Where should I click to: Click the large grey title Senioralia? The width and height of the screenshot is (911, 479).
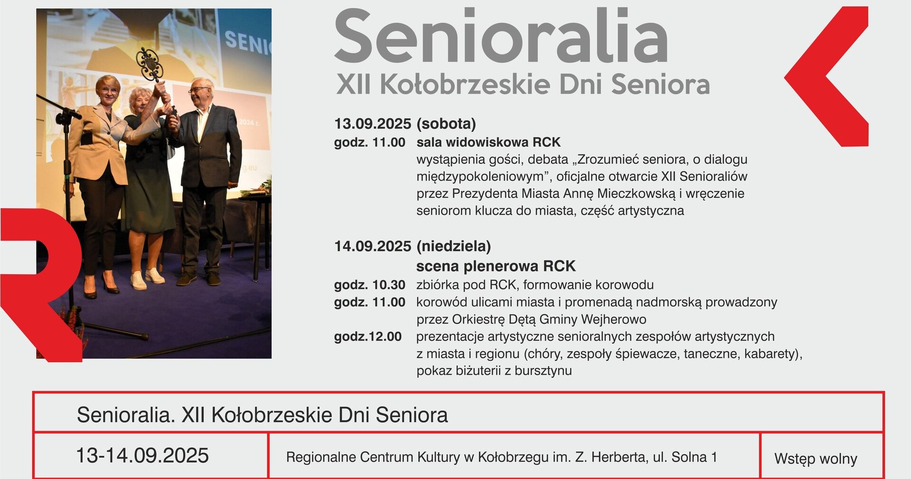pos(501,36)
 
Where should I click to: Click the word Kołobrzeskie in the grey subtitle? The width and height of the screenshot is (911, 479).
pos(465,84)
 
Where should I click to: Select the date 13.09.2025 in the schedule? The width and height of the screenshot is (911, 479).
pos(372,124)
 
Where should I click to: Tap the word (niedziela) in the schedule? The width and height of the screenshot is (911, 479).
pos(454,246)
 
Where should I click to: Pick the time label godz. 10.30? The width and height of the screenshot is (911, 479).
pos(370,285)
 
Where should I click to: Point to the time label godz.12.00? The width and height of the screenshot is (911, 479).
pos(368,337)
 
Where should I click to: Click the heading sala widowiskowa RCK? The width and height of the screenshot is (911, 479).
pos(488,142)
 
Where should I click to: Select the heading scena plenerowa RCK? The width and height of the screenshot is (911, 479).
pos(496,266)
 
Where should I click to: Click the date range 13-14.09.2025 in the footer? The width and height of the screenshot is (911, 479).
pos(142,455)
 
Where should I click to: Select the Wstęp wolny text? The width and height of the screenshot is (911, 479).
pos(816,459)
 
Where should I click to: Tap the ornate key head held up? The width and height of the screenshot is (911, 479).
pos(149,64)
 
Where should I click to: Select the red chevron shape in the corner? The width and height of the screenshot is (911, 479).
pos(826,76)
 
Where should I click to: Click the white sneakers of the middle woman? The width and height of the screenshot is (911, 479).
pos(147,279)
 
